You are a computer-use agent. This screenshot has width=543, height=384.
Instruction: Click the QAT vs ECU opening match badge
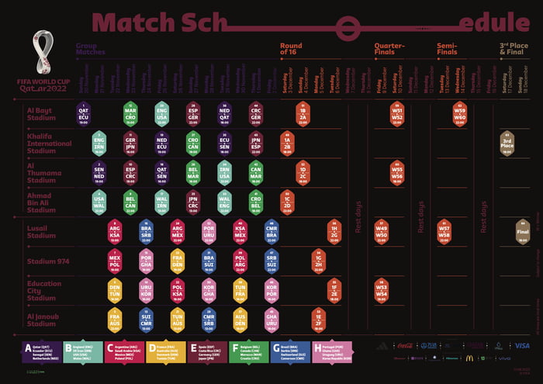(83, 114)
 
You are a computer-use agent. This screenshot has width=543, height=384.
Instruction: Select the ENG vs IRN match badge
(99, 144)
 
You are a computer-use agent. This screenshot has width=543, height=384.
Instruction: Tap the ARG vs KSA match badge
(115, 231)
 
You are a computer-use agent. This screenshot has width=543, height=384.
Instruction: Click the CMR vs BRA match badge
(271, 231)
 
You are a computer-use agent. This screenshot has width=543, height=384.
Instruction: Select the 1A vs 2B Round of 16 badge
(287, 144)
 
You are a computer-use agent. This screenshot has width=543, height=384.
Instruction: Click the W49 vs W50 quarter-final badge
(381, 231)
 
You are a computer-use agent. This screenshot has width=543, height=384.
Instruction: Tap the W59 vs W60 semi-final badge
(460, 114)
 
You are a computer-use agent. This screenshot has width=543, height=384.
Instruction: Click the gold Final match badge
(523, 231)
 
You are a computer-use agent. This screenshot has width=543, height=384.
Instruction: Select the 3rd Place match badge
(507, 144)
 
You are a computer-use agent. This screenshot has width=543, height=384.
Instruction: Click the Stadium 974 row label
(48, 261)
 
